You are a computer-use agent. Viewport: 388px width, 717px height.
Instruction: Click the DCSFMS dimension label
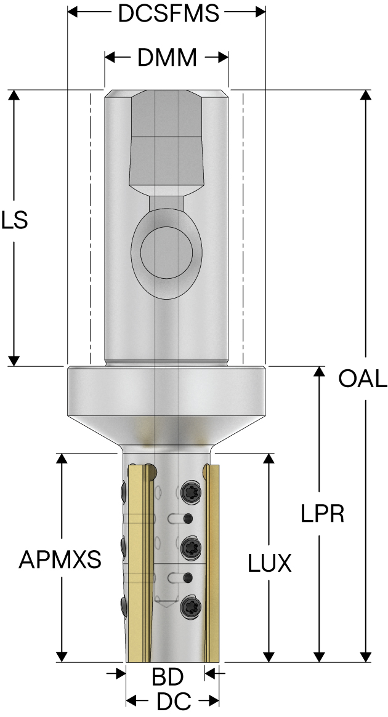[168, 14]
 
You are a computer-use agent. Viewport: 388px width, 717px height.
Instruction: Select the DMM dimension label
[167, 58]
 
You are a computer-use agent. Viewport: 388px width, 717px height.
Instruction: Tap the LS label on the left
[14, 220]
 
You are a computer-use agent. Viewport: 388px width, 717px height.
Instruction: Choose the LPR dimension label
[322, 513]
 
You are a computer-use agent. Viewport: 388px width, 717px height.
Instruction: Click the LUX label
[270, 563]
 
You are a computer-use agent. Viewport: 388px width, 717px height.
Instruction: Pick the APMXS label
[60, 560]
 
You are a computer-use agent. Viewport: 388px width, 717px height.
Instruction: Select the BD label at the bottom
[168, 678]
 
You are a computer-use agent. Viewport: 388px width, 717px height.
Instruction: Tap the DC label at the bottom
[174, 701]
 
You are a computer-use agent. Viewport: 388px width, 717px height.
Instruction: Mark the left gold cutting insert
[139, 560]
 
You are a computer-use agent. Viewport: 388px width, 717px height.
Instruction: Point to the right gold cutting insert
[211, 560]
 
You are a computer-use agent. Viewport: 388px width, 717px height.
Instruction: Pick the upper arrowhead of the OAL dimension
[366, 95]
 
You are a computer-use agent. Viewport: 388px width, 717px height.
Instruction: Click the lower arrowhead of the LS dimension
[15, 360]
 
